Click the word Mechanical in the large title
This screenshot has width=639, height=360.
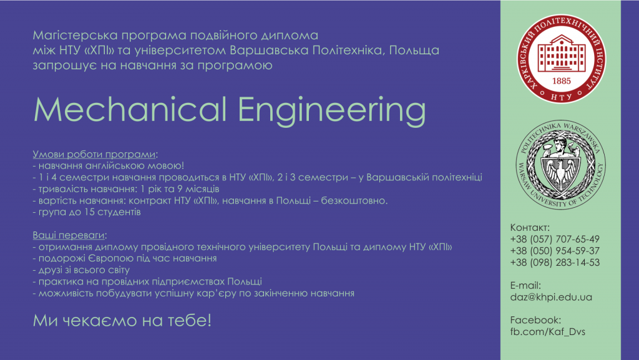[130, 109]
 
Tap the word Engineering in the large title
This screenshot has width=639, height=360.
[332, 112]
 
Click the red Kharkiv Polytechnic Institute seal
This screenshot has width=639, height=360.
[561, 59]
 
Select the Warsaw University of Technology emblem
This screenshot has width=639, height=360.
[561, 165]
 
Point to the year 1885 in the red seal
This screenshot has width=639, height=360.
[561, 80]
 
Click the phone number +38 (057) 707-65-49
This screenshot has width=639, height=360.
[555, 239]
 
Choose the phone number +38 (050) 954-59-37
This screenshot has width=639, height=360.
[555, 251]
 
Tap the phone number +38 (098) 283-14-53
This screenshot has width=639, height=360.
[555, 262]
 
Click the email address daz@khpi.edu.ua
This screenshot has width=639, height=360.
[551, 297]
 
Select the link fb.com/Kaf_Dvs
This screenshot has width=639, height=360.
[548, 332]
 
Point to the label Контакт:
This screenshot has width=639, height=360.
[530, 227]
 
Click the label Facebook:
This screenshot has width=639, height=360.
[535, 320]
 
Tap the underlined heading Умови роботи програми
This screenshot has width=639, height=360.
[94, 154]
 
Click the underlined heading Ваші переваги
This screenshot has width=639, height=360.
[69, 235]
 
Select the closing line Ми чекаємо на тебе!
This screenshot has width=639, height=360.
[122, 321]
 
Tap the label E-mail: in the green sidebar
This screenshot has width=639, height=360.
[525, 286]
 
